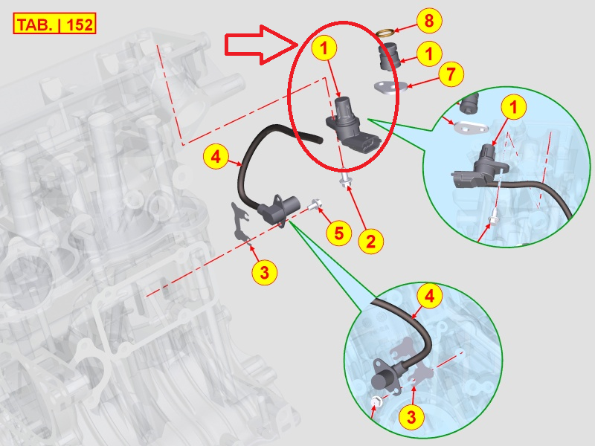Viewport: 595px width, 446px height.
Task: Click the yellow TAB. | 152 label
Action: (54, 24)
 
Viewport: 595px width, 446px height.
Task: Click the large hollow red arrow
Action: (262, 45)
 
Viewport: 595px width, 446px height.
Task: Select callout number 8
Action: (429, 20)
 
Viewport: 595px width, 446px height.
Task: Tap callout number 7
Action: (451, 74)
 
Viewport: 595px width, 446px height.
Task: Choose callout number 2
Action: (370, 241)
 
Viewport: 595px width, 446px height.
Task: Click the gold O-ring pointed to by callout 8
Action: (386, 33)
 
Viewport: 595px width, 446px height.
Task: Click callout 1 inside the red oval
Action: (324, 48)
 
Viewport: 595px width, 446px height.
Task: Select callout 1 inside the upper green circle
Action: (514, 107)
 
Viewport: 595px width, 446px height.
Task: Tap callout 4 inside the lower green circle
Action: (430, 295)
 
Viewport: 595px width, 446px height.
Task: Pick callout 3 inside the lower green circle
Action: (411, 417)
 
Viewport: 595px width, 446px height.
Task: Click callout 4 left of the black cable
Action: (216, 156)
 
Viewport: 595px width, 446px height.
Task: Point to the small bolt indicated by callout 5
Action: (313, 205)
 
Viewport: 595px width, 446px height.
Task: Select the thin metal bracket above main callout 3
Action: (239, 222)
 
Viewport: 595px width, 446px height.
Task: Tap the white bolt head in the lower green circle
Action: (377, 401)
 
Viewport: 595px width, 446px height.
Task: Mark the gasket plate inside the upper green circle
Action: (471, 128)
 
